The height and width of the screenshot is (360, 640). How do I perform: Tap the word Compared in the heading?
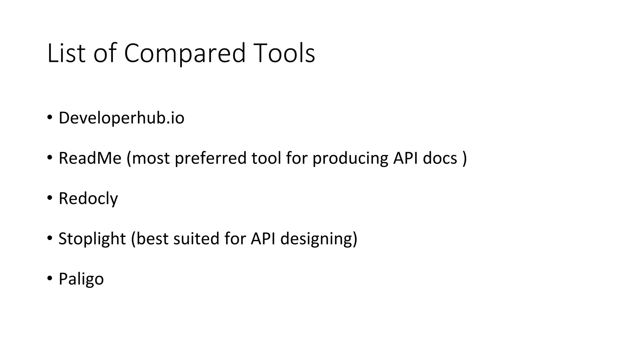[x=185, y=53]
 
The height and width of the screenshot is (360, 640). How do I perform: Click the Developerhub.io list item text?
[x=121, y=118]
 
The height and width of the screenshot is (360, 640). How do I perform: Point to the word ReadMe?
[x=90, y=158]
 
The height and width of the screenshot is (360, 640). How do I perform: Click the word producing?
[x=350, y=158]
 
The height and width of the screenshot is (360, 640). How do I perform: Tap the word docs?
[x=440, y=158]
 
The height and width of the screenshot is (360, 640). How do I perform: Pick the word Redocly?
[x=88, y=198]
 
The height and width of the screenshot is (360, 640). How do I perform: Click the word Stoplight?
[x=92, y=239]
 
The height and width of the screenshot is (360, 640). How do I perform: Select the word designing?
[x=318, y=239]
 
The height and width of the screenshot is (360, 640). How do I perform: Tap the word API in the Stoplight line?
[x=263, y=239]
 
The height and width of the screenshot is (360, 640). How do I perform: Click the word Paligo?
[x=81, y=279]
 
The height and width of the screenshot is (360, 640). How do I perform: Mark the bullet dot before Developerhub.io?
[x=50, y=118]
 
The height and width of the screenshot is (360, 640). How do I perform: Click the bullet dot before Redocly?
[x=50, y=198]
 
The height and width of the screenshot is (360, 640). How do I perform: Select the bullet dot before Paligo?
[x=50, y=278]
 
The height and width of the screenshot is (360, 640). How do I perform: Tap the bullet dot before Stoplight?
[x=50, y=238]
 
